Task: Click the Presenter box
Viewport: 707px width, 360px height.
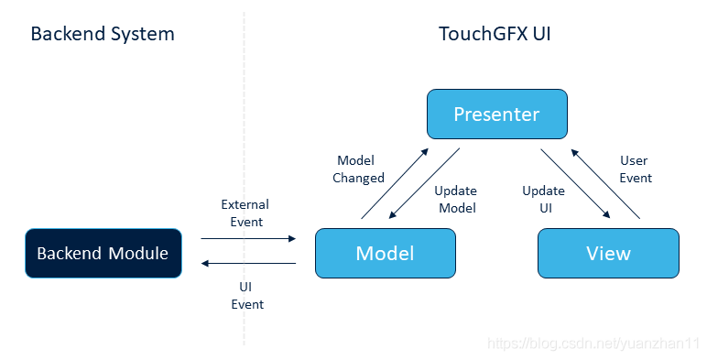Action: (497, 115)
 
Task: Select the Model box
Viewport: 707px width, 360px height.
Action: (385, 253)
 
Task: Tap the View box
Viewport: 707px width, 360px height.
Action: (608, 253)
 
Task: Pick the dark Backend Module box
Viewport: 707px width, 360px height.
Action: (103, 253)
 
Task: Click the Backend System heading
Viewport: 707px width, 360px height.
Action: (103, 34)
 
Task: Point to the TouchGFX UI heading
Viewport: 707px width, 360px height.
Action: (495, 34)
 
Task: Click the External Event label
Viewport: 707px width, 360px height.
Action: (245, 213)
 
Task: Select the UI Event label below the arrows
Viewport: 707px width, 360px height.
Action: (247, 296)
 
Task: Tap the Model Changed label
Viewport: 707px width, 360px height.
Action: (358, 169)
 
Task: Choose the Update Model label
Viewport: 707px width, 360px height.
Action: (456, 199)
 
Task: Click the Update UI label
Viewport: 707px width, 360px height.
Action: (543, 199)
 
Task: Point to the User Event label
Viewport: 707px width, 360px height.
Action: (636, 169)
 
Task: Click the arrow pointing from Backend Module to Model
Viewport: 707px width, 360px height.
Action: (248, 238)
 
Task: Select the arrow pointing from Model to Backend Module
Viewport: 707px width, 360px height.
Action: (248, 263)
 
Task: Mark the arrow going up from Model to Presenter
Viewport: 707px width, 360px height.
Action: (395, 183)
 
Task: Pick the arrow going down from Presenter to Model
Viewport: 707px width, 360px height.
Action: (424, 183)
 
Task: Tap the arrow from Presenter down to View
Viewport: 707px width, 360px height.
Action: (575, 183)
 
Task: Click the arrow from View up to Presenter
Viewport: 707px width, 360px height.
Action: (605, 184)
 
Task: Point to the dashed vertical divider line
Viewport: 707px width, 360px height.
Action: (244, 179)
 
